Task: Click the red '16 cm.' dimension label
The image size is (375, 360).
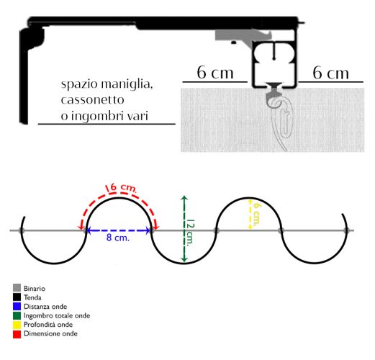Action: tap(121, 188)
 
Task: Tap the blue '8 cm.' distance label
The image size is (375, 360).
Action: tap(118, 238)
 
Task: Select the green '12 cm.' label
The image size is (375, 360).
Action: tap(191, 233)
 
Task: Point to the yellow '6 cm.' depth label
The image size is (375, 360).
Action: tap(257, 214)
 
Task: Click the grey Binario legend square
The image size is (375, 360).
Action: tap(17, 288)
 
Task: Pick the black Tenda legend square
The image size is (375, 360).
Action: tap(17, 297)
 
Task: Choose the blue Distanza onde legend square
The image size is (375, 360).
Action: tap(17, 306)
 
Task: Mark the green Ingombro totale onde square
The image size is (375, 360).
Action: tap(17, 315)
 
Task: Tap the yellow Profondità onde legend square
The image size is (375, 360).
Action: tap(17, 325)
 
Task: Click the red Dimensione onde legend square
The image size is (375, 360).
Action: tap(17, 334)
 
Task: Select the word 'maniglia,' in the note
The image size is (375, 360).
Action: tap(127, 84)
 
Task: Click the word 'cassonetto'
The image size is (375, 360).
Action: tap(92, 99)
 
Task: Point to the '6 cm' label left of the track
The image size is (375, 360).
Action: tap(215, 72)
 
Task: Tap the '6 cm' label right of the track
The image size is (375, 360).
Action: tap(330, 73)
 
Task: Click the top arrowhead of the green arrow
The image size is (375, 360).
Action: tap(184, 198)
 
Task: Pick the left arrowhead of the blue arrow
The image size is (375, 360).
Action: tap(89, 230)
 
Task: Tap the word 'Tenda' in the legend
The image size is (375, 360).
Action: tap(32, 297)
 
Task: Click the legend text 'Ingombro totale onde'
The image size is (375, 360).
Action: tap(57, 315)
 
